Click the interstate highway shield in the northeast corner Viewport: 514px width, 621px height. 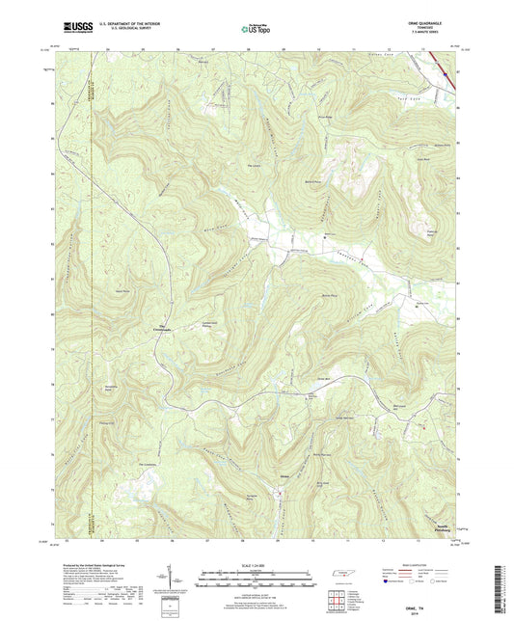[x=446, y=69]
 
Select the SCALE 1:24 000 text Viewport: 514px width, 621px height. [x=257, y=567]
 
